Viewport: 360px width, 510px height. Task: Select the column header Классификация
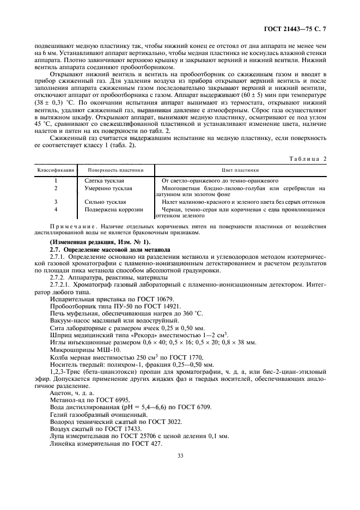point(56,169)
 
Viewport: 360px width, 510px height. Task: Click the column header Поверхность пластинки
point(115,169)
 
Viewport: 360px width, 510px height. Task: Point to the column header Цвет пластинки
point(240,169)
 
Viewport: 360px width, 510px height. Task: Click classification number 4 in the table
point(56,209)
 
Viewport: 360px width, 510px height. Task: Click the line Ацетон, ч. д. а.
point(71,392)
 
